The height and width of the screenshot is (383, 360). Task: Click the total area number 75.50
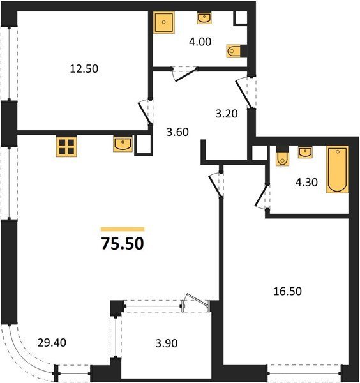coord(123,244)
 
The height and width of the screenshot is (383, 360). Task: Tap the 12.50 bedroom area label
coord(84,69)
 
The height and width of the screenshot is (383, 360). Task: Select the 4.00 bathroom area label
coord(200,41)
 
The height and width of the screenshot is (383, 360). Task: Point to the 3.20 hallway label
coord(227,114)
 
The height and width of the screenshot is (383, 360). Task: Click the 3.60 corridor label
coord(178,132)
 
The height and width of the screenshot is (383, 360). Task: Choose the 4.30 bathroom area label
coord(306,182)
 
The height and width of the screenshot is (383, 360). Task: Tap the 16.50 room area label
coord(287,292)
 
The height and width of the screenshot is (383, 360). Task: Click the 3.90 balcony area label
coord(167,343)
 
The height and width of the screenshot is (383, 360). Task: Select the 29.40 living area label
coord(52,343)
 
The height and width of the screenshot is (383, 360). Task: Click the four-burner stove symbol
coord(66,147)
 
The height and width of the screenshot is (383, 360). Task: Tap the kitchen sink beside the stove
coord(123,144)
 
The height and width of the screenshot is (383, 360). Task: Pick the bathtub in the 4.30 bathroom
coord(337,170)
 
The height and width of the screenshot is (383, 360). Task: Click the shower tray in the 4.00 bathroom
coord(164,22)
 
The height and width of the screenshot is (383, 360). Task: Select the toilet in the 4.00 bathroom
coord(234,51)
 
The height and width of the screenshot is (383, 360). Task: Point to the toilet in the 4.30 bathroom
coord(282,159)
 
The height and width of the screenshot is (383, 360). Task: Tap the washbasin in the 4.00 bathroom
coord(204,18)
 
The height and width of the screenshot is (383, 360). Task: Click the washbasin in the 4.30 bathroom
coord(305,153)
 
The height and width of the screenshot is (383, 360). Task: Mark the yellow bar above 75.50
coord(123,229)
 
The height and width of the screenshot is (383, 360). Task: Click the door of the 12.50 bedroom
coord(145,112)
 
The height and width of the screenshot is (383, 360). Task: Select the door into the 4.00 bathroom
coord(185,75)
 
